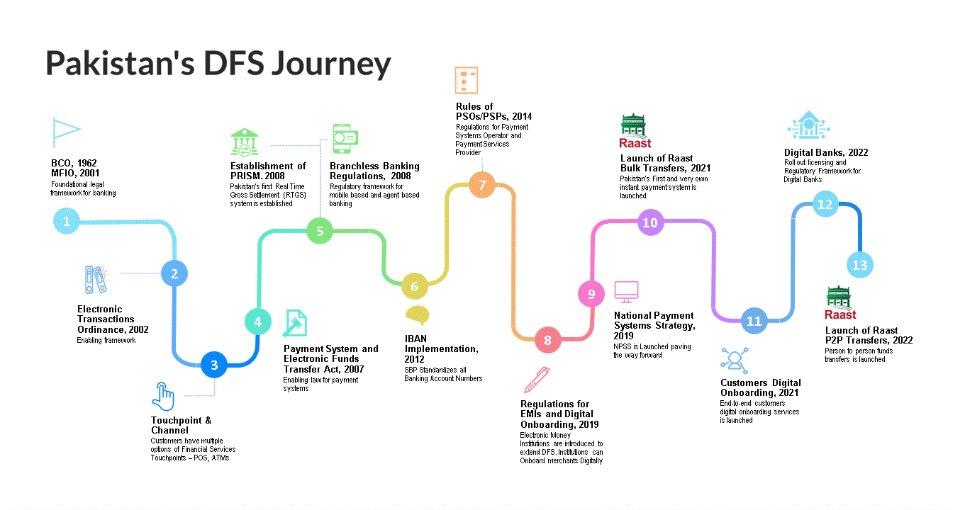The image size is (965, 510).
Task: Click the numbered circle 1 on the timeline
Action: pyautogui.click(x=67, y=221)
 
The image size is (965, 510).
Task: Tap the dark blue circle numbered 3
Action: pyautogui.click(x=214, y=365)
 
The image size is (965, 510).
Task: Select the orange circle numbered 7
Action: pyautogui.click(x=482, y=185)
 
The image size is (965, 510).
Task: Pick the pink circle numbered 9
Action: pyautogui.click(x=591, y=294)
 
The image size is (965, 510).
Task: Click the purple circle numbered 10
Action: pyautogui.click(x=650, y=222)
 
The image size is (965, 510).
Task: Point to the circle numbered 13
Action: pyautogui.click(x=860, y=265)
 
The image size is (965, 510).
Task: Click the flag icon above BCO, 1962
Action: pyautogui.click(x=67, y=132)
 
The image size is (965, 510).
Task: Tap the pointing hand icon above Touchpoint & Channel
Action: pyautogui.click(x=163, y=397)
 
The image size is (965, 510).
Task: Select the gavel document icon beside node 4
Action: pyautogui.click(x=295, y=323)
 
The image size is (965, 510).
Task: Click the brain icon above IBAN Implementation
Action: pyautogui.click(x=418, y=315)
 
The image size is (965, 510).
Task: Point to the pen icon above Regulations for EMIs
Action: pyautogui.click(x=537, y=380)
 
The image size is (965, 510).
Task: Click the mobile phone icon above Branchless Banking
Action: pyautogui.click(x=345, y=139)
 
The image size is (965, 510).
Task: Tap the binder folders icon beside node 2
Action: pyautogui.click(x=96, y=280)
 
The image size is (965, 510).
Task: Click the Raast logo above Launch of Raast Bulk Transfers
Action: pyautogui.click(x=635, y=131)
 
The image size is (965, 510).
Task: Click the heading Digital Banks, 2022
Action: pyautogui.click(x=826, y=152)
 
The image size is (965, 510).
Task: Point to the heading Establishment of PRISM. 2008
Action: pyautogui.click(x=268, y=171)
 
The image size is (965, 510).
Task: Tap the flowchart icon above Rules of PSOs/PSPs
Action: pyautogui.click(x=466, y=80)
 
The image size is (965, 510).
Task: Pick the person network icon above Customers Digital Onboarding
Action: pyautogui.click(x=735, y=361)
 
